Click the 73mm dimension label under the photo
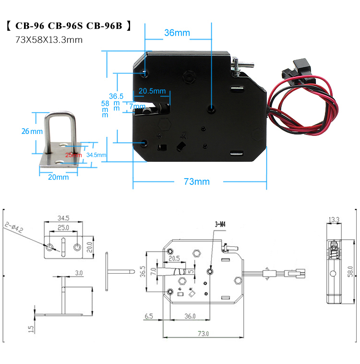click(197, 182)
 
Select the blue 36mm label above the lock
click(177, 33)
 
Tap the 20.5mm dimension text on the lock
click(152, 91)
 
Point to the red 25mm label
click(73, 155)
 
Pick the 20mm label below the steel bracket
click(59, 177)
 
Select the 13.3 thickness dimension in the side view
click(334, 219)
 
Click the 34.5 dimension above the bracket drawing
click(63, 218)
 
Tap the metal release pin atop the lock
click(242, 62)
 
